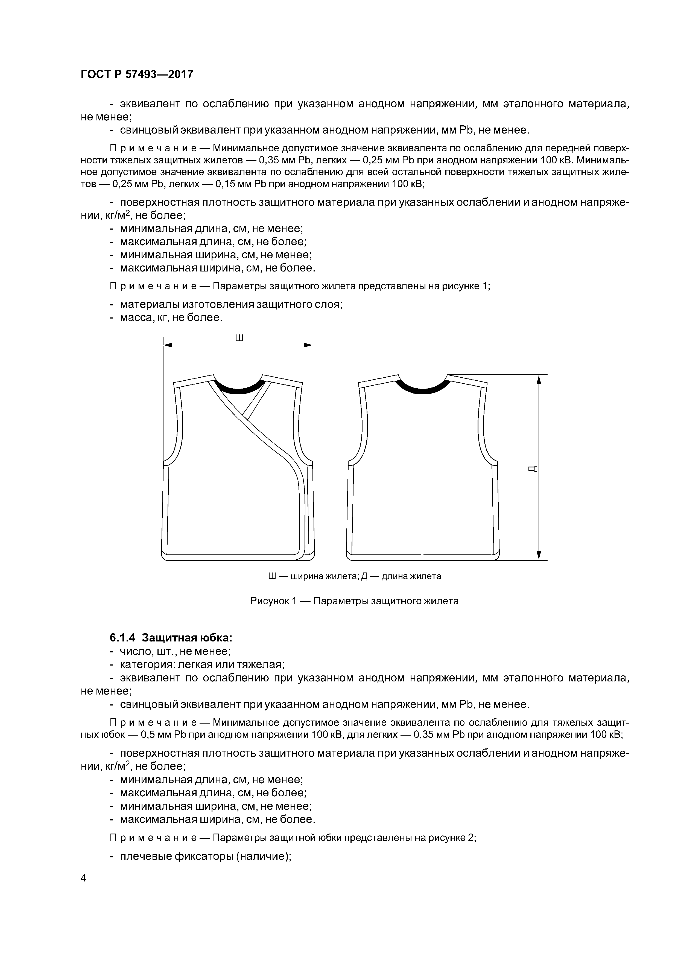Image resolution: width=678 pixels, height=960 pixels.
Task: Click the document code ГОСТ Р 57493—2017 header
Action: click(x=137, y=74)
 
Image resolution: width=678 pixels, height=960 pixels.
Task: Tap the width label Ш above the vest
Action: click(x=239, y=338)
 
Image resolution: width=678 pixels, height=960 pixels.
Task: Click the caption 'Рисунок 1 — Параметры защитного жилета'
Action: click(x=354, y=601)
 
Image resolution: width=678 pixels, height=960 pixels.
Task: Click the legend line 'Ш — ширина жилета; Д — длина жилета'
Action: click(x=354, y=576)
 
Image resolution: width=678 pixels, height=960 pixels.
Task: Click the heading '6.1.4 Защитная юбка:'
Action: click(x=170, y=638)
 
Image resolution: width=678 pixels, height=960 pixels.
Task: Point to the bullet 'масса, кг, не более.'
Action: click(x=171, y=318)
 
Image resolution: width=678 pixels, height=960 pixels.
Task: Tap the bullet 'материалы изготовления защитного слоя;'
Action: click(x=231, y=304)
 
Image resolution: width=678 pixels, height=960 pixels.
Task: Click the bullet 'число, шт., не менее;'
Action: click(x=176, y=651)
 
